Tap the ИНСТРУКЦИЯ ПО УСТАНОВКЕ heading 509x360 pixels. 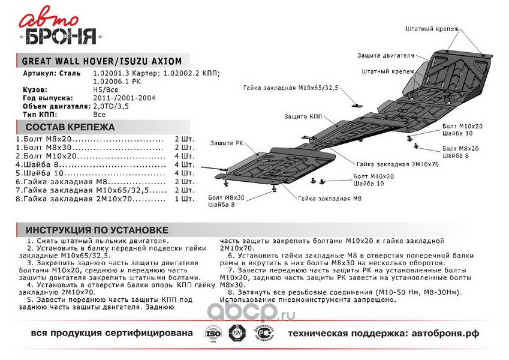pyautogui.click(x=96, y=230)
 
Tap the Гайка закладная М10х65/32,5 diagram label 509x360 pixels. pyautogui.click(x=291, y=88)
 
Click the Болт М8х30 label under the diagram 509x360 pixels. pyautogui.click(x=226, y=197)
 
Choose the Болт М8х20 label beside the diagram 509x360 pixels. pyautogui.click(x=460, y=147)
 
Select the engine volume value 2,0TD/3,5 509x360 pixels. pyautogui.click(x=111, y=106)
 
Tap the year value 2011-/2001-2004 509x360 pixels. pyautogui.click(x=124, y=97)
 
